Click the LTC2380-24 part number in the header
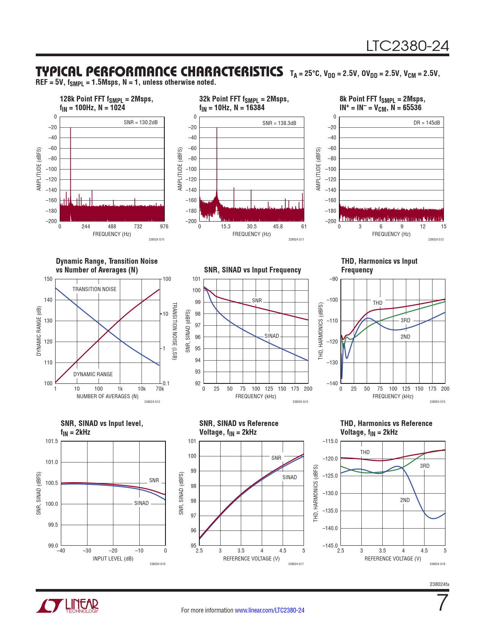[407, 46]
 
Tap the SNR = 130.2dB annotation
[140, 122]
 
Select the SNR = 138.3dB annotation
[279, 123]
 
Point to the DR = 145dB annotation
[426, 123]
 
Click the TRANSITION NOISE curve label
[94, 289]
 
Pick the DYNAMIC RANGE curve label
[93, 374]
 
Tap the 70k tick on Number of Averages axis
[160, 389]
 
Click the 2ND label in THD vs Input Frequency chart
[405, 337]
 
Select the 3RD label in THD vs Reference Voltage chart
[425, 466]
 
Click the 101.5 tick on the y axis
[52, 441]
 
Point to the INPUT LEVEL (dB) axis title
[113, 559]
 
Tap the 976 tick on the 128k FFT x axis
[164, 226]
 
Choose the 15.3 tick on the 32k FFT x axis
[226, 226]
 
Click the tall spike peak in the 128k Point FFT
[70, 128]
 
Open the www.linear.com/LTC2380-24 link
[269, 610]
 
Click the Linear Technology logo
[68, 606]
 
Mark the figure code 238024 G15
[437, 402]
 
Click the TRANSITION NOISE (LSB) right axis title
[174, 331]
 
